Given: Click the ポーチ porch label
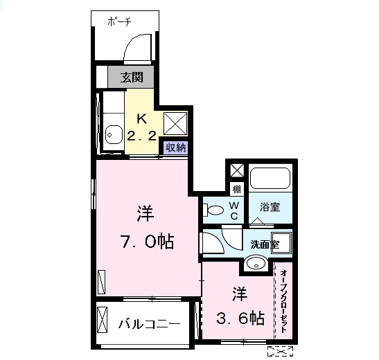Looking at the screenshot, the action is [x=119, y=22].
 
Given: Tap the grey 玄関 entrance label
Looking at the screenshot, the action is [x=132, y=78].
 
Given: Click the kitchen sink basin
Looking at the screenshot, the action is [x=114, y=134].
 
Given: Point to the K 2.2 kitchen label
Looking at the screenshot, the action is [x=141, y=127].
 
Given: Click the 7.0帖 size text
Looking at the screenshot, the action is [x=147, y=242].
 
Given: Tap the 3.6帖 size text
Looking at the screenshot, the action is [x=240, y=318].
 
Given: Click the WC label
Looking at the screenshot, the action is [x=234, y=210].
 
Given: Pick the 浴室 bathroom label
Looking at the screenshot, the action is [x=270, y=207].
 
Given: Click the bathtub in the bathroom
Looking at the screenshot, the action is [x=270, y=178].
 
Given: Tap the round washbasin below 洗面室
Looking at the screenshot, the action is [x=256, y=264].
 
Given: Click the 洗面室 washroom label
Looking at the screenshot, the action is [x=265, y=245].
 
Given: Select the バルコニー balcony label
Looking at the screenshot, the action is [x=149, y=323].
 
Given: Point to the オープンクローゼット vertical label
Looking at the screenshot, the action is [x=283, y=302].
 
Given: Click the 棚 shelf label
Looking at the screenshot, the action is [x=236, y=190].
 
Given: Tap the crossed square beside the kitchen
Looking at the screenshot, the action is [x=175, y=123].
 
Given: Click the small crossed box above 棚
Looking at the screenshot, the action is [x=237, y=171].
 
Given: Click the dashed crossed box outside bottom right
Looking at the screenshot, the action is [x=281, y=351].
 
